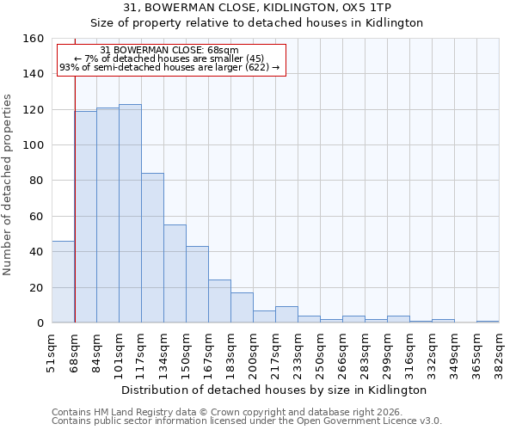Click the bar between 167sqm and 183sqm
pyautogui.click(x=219, y=301)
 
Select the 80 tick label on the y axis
pyautogui.click(x=36, y=181)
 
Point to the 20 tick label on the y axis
pyautogui.click(x=36, y=287)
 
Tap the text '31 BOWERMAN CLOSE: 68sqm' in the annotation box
pyautogui.click(x=169, y=51)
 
